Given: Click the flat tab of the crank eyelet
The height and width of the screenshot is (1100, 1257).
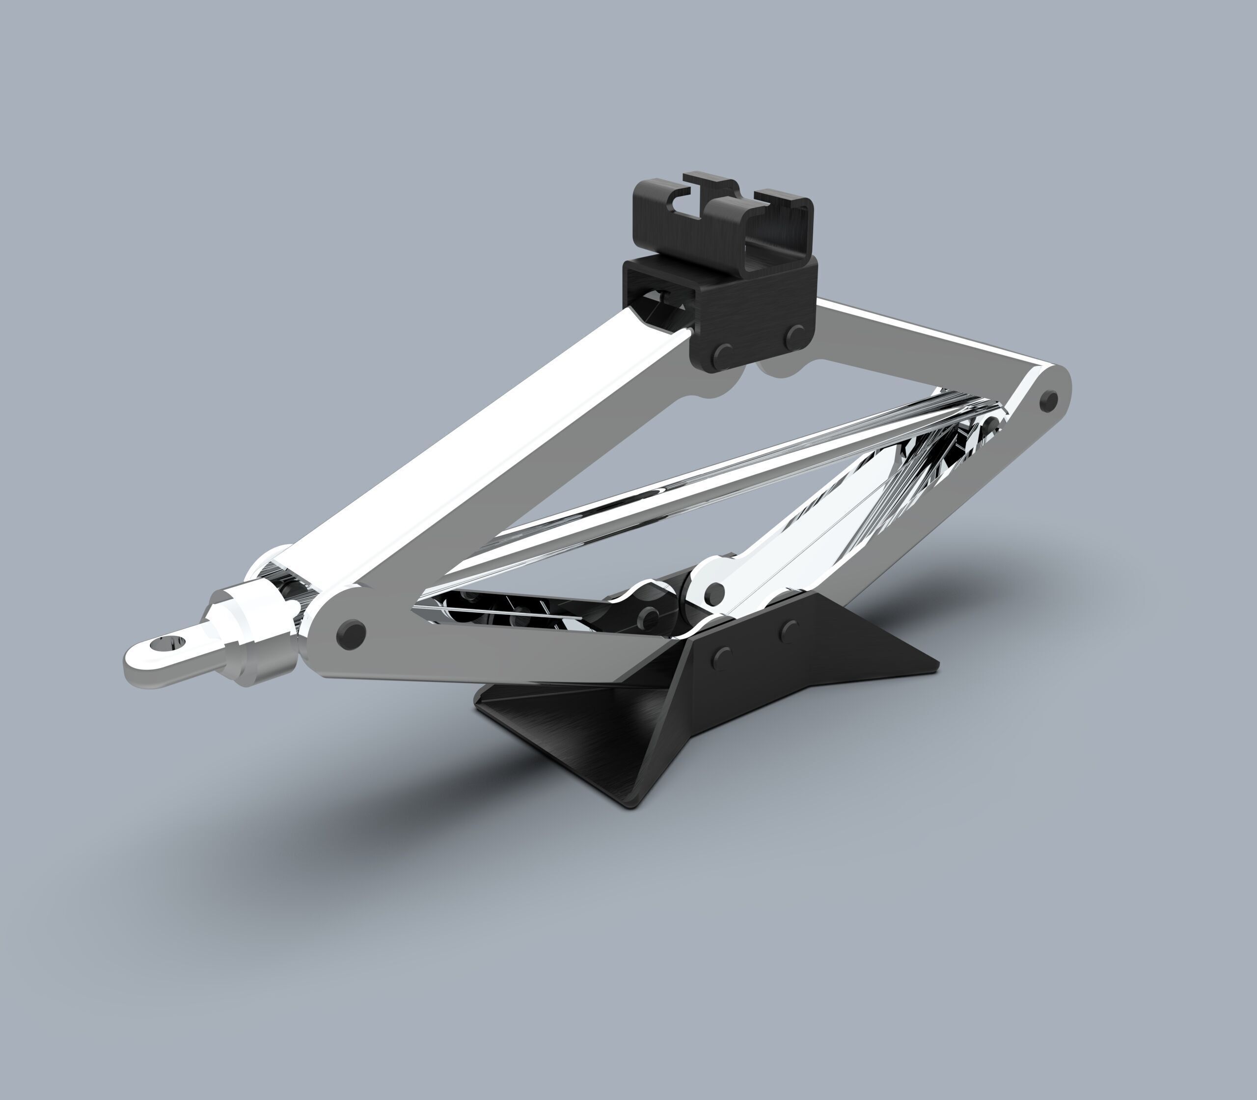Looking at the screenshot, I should pyautogui.click(x=147, y=660).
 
